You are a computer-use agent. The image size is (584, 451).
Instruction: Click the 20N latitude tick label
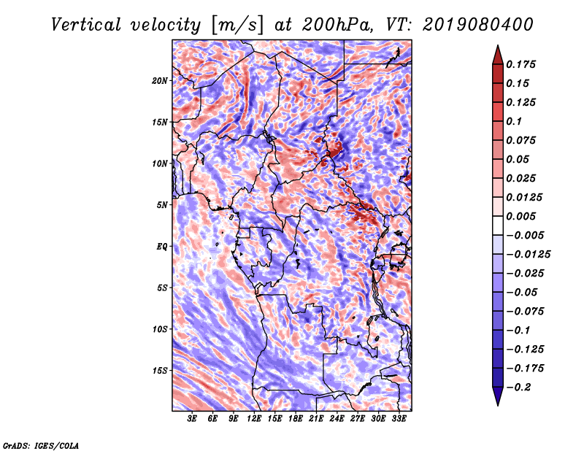tap(160, 81)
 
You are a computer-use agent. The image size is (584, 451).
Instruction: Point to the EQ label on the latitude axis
tap(162, 247)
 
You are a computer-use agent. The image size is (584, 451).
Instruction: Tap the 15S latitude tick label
tap(160, 371)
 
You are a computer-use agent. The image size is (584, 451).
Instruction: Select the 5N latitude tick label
tap(162, 205)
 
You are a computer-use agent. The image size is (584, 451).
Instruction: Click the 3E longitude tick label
tap(192, 419)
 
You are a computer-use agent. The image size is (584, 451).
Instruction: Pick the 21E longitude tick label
tap(316, 419)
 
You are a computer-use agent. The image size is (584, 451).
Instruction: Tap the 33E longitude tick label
tap(399, 419)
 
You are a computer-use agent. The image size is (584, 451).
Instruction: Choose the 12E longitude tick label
tap(254, 419)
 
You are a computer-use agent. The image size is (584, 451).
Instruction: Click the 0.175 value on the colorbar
tap(520, 64)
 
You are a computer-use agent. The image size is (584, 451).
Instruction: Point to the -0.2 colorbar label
tap(518, 388)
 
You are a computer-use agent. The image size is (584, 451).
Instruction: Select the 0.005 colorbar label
tap(520, 216)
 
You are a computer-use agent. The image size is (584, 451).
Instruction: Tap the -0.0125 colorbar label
tap(528, 255)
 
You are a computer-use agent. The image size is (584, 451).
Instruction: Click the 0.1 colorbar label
tap(514, 121)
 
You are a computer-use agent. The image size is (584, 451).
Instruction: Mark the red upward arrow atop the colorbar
tap(498, 55)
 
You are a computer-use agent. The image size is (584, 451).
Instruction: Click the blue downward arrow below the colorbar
tap(498, 396)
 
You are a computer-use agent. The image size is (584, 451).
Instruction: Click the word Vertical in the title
tap(86, 25)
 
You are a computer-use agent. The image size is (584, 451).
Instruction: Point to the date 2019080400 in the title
tap(478, 25)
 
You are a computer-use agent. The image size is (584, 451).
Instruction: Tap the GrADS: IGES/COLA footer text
tap(41, 445)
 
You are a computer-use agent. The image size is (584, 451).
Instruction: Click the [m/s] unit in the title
tap(237, 25)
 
